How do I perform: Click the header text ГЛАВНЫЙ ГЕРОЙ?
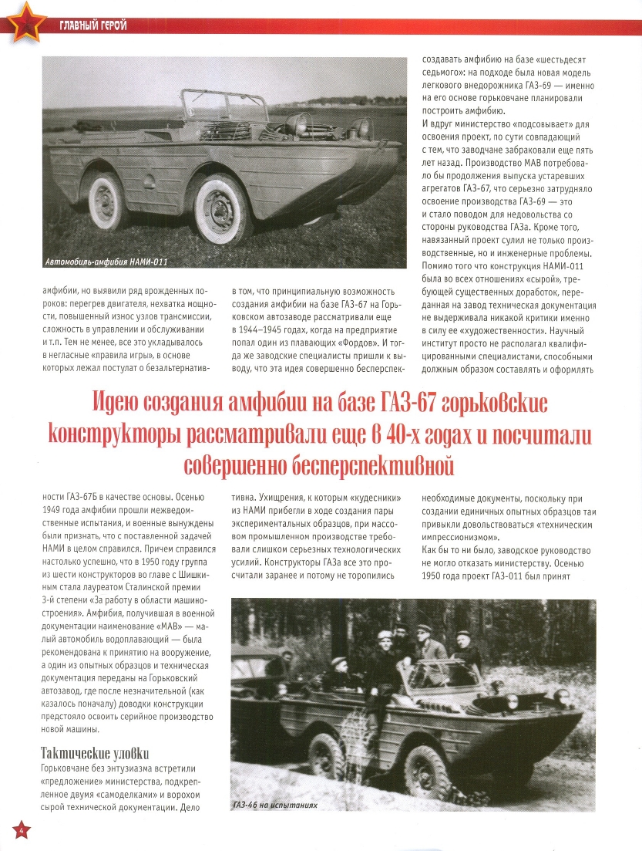pos(92,26)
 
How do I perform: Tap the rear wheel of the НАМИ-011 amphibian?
pos(108,201)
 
